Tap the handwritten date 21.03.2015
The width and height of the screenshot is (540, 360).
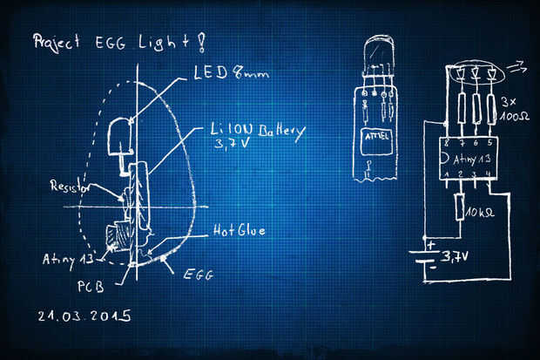84,316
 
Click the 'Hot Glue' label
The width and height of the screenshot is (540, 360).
240,231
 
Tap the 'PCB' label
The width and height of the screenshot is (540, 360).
91,286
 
